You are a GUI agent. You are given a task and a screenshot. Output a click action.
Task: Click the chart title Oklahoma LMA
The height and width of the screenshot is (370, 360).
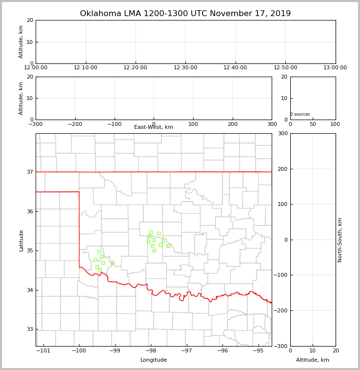[185, 14]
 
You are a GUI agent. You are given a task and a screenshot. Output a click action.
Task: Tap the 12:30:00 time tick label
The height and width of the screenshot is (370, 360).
[185, 67]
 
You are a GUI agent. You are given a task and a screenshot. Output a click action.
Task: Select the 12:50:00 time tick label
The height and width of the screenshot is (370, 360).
[285, 67]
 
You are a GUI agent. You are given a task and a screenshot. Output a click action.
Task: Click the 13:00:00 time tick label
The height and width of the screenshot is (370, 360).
[335, 67]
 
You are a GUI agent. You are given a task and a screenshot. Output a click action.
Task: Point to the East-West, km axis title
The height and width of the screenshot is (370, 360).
[154, 127]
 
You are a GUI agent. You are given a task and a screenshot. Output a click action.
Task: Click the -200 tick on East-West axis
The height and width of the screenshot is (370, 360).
[75, 124]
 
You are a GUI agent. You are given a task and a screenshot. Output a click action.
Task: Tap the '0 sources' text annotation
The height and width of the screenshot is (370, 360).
[300, 114]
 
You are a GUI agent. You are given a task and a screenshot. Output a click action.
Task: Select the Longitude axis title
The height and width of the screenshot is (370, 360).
[154, 360]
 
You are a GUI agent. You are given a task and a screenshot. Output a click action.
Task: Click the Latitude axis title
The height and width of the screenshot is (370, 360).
[21, 240]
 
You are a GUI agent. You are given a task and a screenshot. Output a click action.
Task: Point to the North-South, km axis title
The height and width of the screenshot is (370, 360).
[340, 240]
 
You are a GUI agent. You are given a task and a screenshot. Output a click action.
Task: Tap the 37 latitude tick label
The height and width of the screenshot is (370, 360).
[30, 172]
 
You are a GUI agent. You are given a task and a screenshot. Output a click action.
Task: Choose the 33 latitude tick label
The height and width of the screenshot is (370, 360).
[30, 329]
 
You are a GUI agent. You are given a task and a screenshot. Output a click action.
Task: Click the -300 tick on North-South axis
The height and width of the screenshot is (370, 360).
[282, 346]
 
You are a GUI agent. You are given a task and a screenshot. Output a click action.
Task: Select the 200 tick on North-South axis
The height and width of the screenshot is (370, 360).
[282, 169]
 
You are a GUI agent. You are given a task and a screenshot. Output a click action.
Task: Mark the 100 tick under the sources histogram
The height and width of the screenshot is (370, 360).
[335, 124]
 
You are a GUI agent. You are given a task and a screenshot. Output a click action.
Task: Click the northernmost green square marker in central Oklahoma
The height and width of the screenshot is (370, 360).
[151, 232]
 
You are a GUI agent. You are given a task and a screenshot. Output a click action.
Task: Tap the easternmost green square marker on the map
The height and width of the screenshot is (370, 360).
[168, 246]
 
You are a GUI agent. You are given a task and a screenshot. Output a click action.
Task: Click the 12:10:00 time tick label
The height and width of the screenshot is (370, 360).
[86, 67]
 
